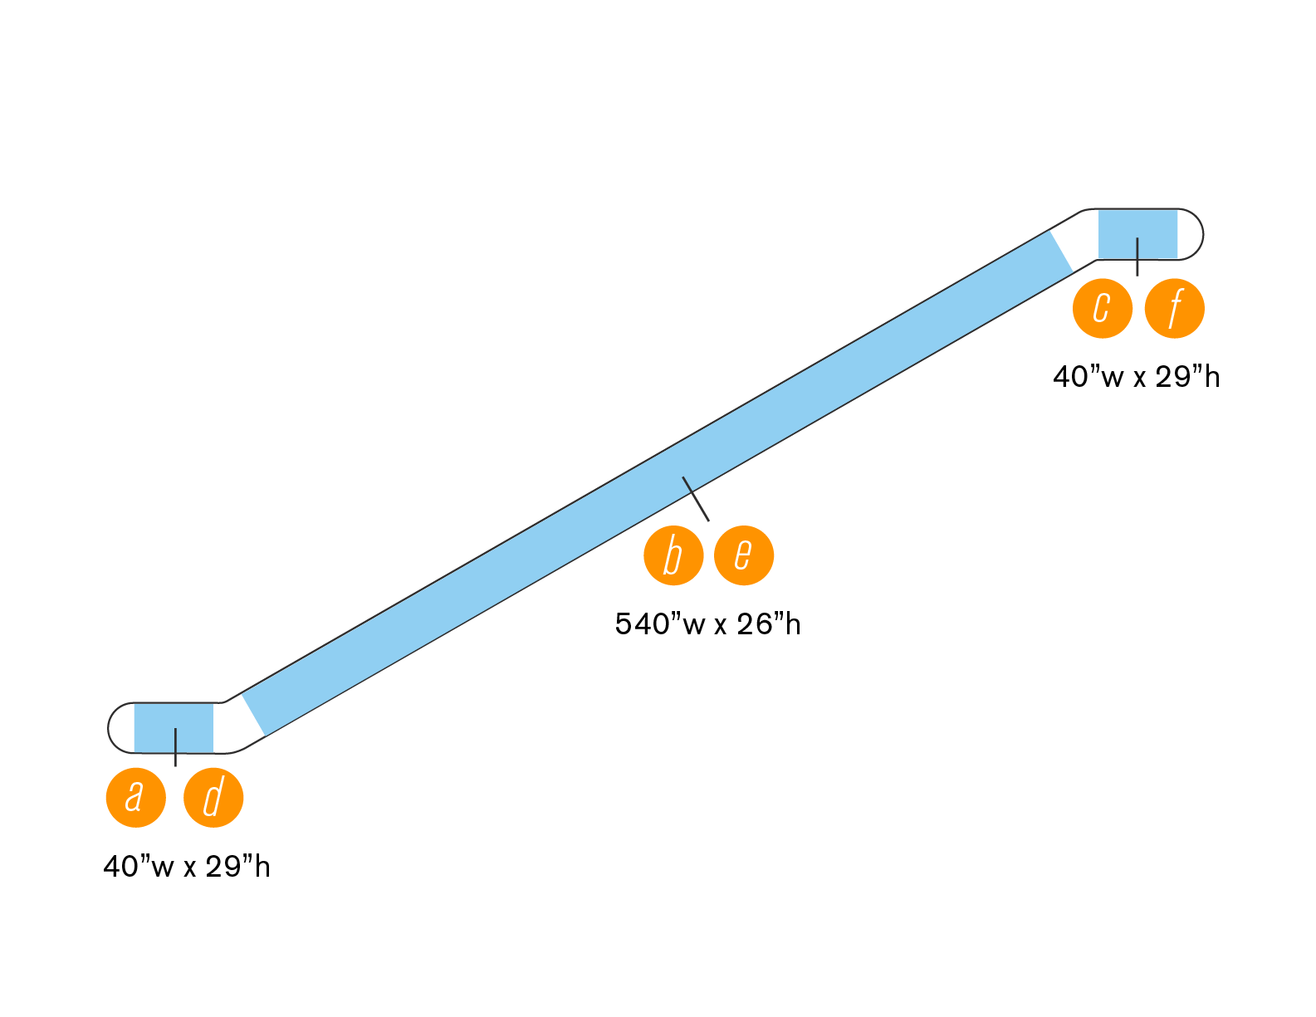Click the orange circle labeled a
click(x=136, y=798)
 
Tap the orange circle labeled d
click(x=213, y=798)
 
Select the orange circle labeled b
click(x=673, y=555)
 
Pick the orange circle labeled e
click(x=744, y=555)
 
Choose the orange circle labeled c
click(x=1103, y=309)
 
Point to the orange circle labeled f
click(x=1174, y=309)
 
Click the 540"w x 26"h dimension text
click(x=707, y=624)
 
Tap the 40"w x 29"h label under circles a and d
click(x=187, y=867)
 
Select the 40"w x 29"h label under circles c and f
click(x=1136, y=378)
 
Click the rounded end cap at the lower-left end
click(x=120, y=728)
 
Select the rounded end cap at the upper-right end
click(x=1191, y=234)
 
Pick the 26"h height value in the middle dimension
click(x=768, y=624)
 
